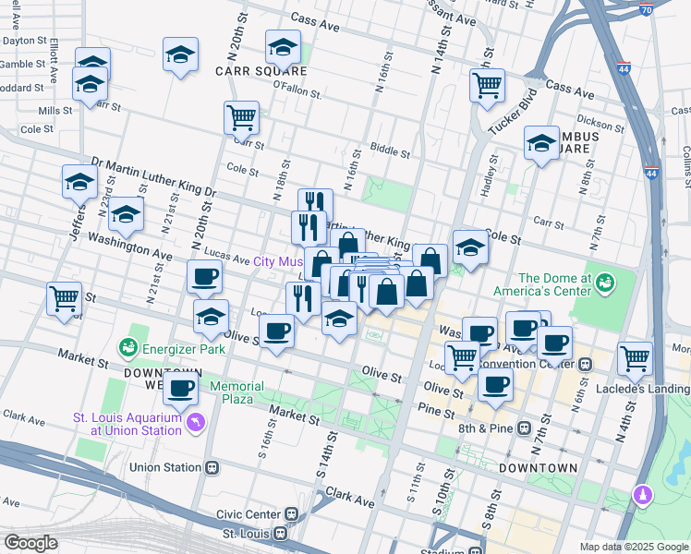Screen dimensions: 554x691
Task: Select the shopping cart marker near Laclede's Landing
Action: pyautogui.click(x=635, y=358)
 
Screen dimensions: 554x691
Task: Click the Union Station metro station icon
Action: pyautogui.click(x=212, y=467)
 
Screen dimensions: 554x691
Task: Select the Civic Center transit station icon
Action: pyautogui.click(x=291, y=513)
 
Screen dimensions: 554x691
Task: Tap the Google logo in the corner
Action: pyautogui.click(x=30, y=543)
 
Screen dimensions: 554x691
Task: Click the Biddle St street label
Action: pyautogui.click(x=389, y=150)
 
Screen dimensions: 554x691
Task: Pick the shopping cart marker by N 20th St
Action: pyautogui.click(x=240, y=117)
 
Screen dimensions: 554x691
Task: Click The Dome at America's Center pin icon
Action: pyautogui.click(x=605, y=281)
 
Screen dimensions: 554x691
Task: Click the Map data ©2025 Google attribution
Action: pyautogui.click(x=633, y=546)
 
